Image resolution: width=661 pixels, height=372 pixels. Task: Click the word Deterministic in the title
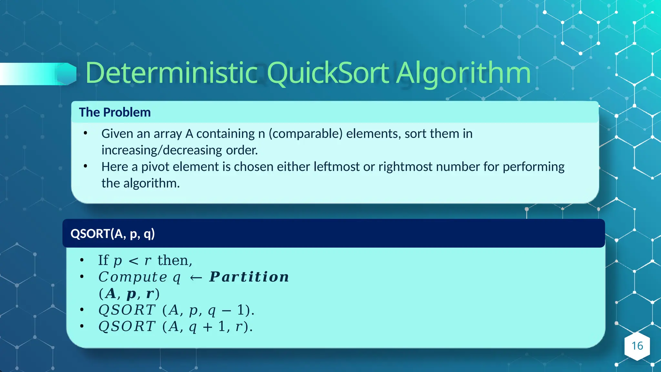click(171, 73)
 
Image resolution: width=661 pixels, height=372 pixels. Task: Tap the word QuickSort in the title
click(328, 74)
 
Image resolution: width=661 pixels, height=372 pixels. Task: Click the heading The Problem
click(115, 112)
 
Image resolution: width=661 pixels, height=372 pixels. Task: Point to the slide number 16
click(637, 346)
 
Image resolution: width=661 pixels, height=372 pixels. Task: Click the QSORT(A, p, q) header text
click(113, 233)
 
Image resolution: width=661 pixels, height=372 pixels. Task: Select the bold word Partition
click(249, 277)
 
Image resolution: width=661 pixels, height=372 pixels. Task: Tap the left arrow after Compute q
click(196, 278)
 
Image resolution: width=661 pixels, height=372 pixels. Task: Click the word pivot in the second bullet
click(156, 167)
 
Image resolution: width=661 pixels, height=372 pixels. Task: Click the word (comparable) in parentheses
click(306, 134)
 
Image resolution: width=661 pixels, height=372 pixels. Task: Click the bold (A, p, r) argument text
click(129, 294)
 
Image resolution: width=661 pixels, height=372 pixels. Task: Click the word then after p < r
click(175, 261)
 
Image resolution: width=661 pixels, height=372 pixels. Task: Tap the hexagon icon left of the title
click(67, 74)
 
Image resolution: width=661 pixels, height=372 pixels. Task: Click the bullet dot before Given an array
click(85, 133)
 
